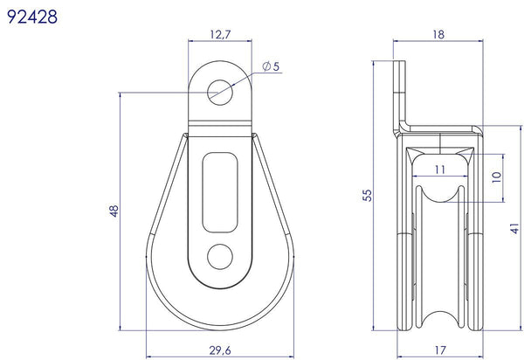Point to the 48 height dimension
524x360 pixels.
click(114, 212)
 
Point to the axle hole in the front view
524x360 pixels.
click(219, 255)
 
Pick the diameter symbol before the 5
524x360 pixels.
click(265, 67)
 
